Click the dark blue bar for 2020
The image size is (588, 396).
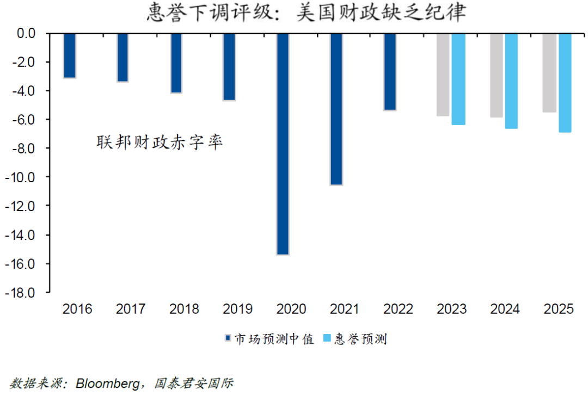click(283, 144)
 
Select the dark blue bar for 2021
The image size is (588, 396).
click(336, 109)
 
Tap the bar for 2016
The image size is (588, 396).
click(69, 55)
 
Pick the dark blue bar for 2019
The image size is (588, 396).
click(229, 66)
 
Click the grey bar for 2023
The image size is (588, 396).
click(443, 75)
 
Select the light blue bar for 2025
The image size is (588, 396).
click(565, 83)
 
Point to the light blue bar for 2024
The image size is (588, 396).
click(511, 81)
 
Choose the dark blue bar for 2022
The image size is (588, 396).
click(389, 72)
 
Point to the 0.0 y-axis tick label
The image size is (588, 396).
click(24, 34)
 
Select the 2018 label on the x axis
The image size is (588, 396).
click(184, 310)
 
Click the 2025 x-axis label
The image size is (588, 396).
click(559, 310)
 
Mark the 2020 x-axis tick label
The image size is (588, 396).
click(291, 310)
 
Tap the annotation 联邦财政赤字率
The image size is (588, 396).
click(160, 143)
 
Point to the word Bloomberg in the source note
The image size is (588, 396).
click(109, 383)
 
